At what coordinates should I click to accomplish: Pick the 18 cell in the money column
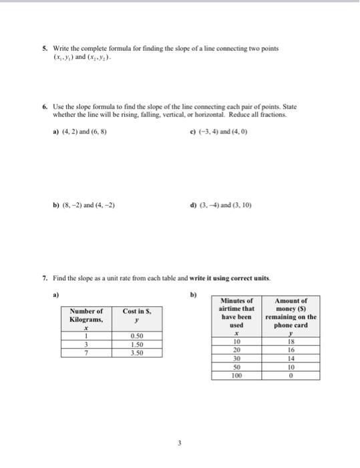click(291, 341)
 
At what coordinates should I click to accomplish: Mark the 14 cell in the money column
click(291, 358)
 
